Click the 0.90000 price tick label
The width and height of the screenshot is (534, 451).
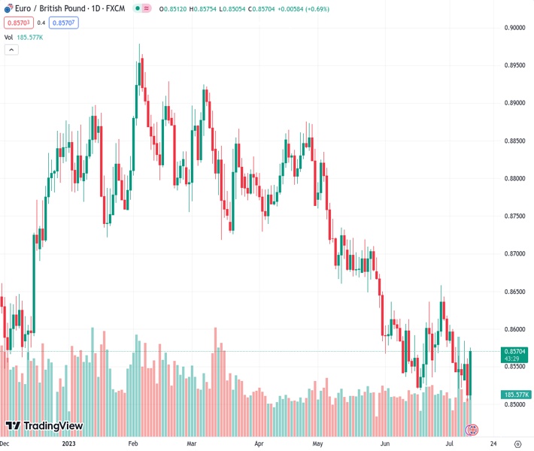click(x=515, y=28)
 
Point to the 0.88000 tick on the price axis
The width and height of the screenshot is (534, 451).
click(x=515, y=179)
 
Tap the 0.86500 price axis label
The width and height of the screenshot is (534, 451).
click(x=515, y=292)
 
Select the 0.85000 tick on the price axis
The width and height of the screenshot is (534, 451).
click(x=515, y=404)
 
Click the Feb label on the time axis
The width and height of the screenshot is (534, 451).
click(x=133, y=443)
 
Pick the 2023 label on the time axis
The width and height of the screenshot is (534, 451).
click(x=68, y=443)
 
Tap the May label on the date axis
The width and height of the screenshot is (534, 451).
click(x=317, y=443)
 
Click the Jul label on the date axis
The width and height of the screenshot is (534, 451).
click(x=449, y=443)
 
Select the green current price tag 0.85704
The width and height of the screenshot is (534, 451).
click(x=515, y=351)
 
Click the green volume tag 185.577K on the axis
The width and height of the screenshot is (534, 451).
click(x=515, y=394)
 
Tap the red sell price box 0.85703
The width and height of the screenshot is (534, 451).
click(x=17, y=23)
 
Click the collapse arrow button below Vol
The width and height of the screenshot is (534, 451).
click(x=11, y=50)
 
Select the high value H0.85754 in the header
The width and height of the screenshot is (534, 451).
click(x=220, y=8)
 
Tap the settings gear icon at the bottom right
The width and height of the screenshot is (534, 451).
click(x=517, y=443)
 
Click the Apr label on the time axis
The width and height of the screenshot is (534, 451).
click(x=260, y=443)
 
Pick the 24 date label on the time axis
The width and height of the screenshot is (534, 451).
click(x=493, y=443)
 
